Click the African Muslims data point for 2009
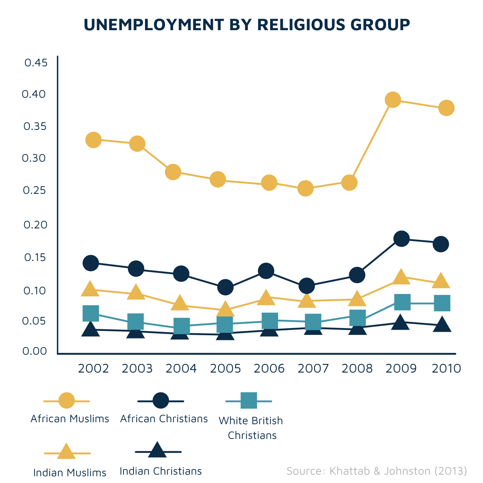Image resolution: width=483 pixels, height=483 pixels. pos(392,99)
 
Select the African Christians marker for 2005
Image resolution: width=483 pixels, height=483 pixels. pos(225,287)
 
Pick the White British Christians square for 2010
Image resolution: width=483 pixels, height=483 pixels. pos(442,303)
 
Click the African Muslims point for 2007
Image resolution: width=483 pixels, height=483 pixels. pos(305,188)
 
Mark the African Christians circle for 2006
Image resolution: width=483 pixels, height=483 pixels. pos(266,271)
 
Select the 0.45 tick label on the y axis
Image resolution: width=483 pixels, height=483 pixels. pos(36,63)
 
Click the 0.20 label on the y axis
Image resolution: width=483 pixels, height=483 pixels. pos(35,225)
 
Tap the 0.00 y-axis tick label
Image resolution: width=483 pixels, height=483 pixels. pos(35,351)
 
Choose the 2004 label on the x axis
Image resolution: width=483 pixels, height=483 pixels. pos(181,369)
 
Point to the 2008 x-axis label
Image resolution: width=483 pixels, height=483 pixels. pos(357,369)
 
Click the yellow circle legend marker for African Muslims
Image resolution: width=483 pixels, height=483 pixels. pos(66,400)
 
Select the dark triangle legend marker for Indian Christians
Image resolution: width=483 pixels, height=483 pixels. pos(157,450)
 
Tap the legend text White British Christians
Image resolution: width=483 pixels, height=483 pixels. pos(251,428)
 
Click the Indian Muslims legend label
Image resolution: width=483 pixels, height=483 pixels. pos(70,473)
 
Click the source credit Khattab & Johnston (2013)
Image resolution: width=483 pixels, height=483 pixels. pos(377,471)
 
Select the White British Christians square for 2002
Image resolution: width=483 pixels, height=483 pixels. pos(91,313)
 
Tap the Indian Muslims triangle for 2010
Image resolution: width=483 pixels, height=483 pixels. pos(440,281)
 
